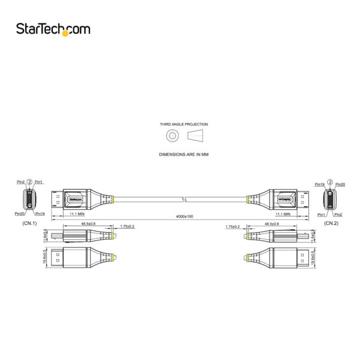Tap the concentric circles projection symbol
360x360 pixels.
(x=172, y=136)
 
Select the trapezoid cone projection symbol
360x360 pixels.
(x=197, y=136)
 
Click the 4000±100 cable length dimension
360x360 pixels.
(x=181, y=217)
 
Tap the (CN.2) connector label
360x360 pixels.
(x=331, y=223)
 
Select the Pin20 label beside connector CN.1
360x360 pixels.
(x=20, y=214)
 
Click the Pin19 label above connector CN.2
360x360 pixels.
(x=320, y=185)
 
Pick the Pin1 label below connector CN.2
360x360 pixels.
(x=322, y=214)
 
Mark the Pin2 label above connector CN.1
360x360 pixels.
(x=20, y=182)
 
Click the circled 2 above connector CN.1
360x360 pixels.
(x=29, y=182)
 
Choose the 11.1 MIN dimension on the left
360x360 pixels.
(x=76, y=214)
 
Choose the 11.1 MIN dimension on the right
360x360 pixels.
(x=283, y=214)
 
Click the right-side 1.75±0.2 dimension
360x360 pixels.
(x=233, y=227)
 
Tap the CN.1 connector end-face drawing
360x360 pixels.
(x=29, y=199)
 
